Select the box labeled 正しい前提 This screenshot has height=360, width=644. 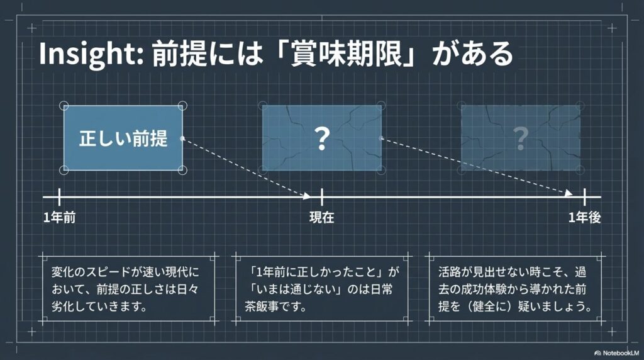tap(123, 138)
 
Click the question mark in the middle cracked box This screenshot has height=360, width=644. tap(321, 138)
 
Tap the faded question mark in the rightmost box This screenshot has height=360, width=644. tap(520, 138)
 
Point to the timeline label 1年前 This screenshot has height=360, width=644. tap(60, 218)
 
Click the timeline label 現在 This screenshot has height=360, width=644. tap(321, 218)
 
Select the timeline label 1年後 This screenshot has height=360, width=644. tap(585, 218)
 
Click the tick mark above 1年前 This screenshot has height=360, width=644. tap(60, 197)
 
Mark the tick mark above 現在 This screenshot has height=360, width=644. tap(321, 197)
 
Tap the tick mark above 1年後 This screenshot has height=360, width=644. tap(585, 197)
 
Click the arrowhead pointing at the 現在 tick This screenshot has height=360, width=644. tap(307, 195)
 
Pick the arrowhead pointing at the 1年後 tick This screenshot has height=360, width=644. tap(569, 194)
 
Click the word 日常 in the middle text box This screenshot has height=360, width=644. tap(388, 291)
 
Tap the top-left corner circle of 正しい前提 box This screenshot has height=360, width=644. tap(64, 106)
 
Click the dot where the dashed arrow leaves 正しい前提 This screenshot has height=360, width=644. tap(182, 138)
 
